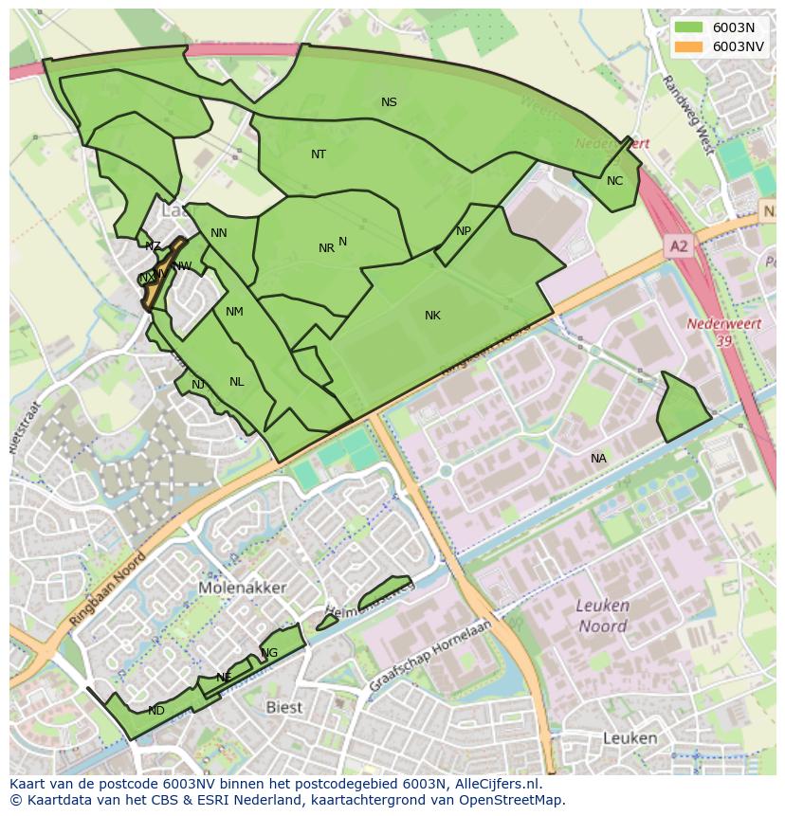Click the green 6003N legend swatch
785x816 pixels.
(x=688, y=27)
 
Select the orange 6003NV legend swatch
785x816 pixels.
(x=688, y=45)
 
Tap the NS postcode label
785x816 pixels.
(x=389, y=102)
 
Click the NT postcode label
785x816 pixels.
(x=319, y=154)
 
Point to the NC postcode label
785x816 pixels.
(x=614, y=180)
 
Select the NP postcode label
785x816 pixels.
(x=463, y=230)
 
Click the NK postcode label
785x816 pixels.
(x=432, y=315)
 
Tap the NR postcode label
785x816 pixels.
(x=326, y=248)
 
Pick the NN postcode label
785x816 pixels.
(x=218, y=233)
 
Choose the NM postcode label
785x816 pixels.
(x=234, y=311)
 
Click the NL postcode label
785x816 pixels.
(x=236, y=381)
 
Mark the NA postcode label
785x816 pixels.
(x=598, y=458)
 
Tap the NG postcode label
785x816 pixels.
(x=270, y=653)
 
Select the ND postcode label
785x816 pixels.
(x=156, y=710)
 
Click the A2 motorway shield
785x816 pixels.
(x=679, y=245)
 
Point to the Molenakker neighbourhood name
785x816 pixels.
(x=243, y=588)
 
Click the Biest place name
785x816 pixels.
(x=283, y=707)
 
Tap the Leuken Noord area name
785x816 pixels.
(x=603, y=616)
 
